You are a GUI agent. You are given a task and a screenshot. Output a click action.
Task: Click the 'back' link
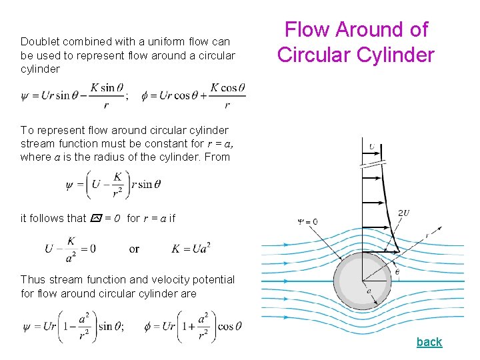tap(429, 342)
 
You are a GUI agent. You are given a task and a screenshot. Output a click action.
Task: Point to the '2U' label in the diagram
tap(403, 213)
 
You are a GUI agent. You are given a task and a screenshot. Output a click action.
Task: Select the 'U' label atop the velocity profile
tap(371, 147)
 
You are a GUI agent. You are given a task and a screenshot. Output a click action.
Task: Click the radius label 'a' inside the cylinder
tap(369, 291)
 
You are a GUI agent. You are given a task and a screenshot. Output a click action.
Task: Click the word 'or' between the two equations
tap(134, 249)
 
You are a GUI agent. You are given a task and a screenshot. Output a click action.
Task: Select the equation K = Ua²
tap(191, 249)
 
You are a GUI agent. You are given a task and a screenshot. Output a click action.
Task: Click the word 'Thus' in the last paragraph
tap(33, 280)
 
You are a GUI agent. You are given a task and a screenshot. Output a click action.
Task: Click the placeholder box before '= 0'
tap(95, 218)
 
